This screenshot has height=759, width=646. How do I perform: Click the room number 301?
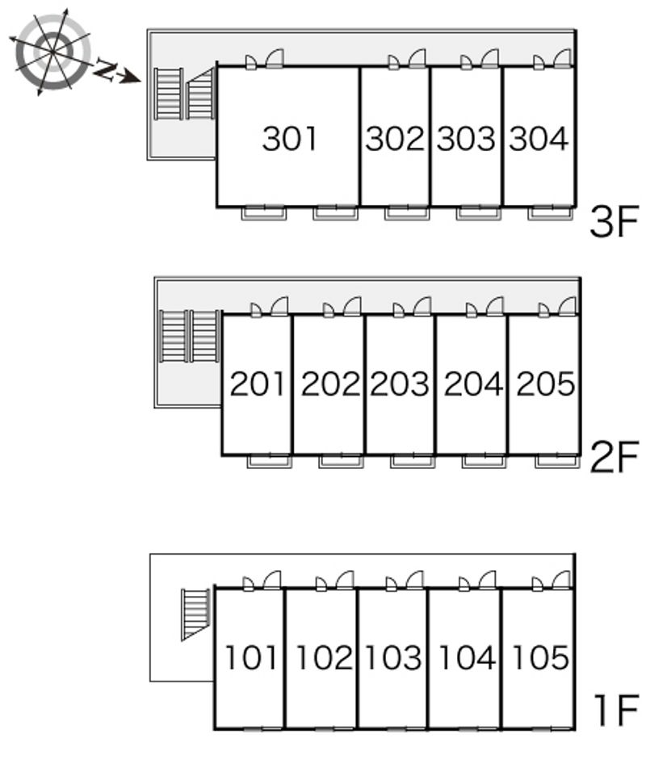289,138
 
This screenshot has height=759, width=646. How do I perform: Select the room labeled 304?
539,138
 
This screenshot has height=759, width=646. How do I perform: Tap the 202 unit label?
330,384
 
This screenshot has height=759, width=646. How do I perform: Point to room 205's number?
546,384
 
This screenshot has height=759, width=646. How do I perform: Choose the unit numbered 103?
392,657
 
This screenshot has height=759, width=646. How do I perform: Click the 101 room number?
251,657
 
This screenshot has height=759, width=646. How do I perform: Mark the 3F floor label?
614,222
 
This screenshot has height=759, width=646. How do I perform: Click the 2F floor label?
614,458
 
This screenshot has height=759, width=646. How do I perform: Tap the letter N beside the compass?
104,69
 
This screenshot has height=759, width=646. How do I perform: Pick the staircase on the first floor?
195,614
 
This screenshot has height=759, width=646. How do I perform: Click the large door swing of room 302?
417,58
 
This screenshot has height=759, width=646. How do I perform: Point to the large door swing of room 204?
495,306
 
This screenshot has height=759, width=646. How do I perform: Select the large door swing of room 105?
562,581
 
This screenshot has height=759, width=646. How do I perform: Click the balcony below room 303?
479,212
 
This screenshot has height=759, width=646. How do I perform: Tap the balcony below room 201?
269,461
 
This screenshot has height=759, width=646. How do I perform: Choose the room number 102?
323,657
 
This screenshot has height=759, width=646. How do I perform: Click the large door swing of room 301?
275,58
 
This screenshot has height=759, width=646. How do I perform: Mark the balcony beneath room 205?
557,461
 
